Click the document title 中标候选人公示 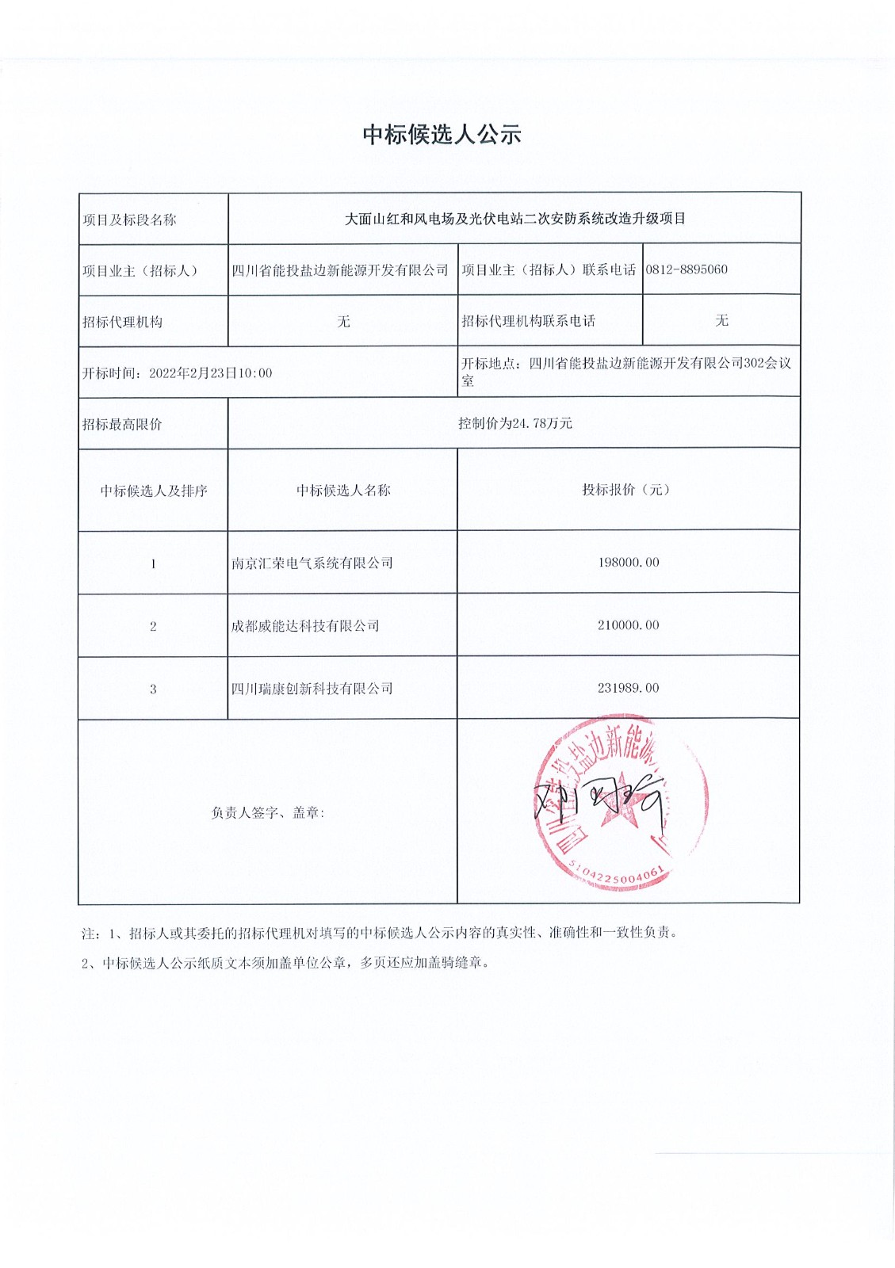pyautogui.click(x=442, y=135)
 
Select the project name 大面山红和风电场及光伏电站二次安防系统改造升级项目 pyautogui.click(x=514, y=219)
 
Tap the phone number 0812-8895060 pyautogui.click(x=687, y=269)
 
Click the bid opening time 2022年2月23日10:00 pyautogui.click(x=210, y=373)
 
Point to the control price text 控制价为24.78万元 pyautogui.click(x=514, y=423)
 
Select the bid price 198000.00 pyautogui.click(x=628, y=563)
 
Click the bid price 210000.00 pyautogui.click(x=628, y=625)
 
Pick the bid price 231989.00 pyautogui.click(x=628, y=688)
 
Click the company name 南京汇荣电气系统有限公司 pyautogui.click(x=312, y=563)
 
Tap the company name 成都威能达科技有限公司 pyautogui.click(x=305, y=626)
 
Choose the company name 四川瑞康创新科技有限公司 pyautogui.click(x=312, y=689)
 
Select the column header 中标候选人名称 pyautogui.click(x=343, y=491)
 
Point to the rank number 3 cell pyautogui.click(x=153, y=689)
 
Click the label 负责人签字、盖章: pyautogui.click(x=268, y=813)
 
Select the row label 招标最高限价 pyautogui.click(x=122, y=425)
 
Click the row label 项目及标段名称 pyautogui.click(x=129, y=220)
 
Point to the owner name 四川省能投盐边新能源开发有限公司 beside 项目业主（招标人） pyautogui.click(x=340, y=270)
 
